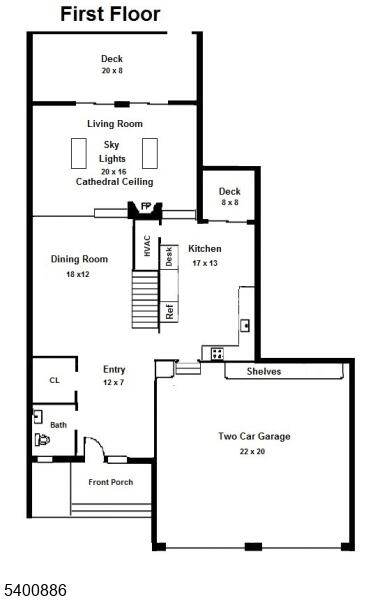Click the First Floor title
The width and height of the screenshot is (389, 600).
110,15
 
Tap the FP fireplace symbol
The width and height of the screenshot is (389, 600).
145,210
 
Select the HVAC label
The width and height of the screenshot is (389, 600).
147,246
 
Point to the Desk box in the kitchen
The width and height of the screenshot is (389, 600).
169,257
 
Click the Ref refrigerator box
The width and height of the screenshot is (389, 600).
169,311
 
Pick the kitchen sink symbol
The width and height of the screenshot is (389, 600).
245,326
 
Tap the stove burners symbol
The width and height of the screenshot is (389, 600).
217,354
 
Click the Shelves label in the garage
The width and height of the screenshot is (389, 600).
264,371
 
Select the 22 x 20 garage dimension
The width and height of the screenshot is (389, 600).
252,452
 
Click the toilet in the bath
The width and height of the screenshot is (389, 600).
42,440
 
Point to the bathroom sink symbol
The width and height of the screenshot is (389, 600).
38,417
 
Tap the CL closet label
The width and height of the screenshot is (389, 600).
54,380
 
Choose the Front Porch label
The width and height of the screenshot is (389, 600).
111,482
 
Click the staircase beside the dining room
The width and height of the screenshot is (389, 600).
145,299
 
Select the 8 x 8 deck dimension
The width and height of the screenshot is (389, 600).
230,202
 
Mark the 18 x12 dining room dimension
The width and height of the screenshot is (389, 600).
78,274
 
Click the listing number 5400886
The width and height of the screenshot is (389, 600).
35,590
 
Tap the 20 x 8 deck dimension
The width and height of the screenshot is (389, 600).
112,70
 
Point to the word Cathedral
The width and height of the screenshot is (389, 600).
95,181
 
